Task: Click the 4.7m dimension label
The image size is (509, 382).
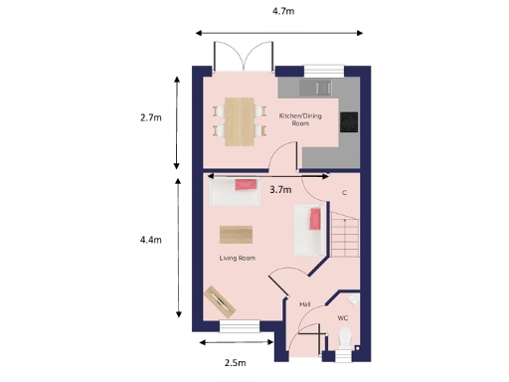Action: pyautogui.click(x=283, y=11)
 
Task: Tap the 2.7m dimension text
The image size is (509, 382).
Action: pyautogui.click(x=151, y=117)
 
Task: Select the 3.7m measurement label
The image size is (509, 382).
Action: pyautogui.click(x=280, y=189)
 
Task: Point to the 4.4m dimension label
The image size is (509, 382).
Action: pyautogui.click(x=151, y=240)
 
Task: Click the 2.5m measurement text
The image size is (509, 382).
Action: pyautogui.click(x=235, y=363)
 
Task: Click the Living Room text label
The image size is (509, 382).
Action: pyautogui.click(x=238, y=258)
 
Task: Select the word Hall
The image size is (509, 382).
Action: pyautogui.click(x=305, y=304)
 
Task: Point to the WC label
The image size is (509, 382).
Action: pyautogui.click(x=343, y=318)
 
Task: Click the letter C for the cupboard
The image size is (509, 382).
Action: pyautogui.click(x=344, y=192)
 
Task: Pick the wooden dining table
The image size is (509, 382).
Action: pyautogui.click(x=239, y=120)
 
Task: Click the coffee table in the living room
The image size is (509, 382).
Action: pyautogui.click(x=236, y=234)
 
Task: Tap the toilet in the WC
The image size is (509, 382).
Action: pyautogui.click(x=345, y=340)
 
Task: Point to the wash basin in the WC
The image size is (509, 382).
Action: pyautogui.click(x=355, y=299)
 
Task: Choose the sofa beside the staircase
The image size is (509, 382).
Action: pyautogui.click(x=307, y=230)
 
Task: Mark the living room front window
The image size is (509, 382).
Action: pyautogui.click(x=240, y=326)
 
